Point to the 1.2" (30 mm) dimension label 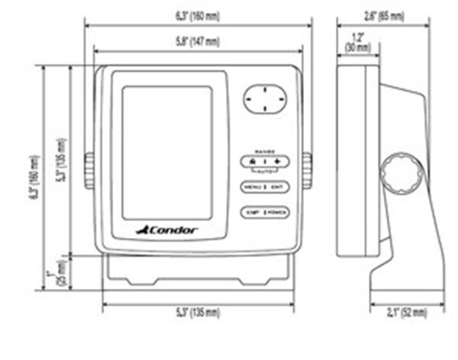pyautogui.click(x=357, y=42)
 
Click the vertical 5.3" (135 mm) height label pyautogui.click(x=61, y=161)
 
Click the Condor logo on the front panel pyautogui.click(x=166, y=230)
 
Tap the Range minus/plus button pyautogui.click(x=265, y=162)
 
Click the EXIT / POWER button pyautogui.click(x=265, y=212)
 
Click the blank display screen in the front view pyautogui.click(x=167, y=152)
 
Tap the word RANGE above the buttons pyautogui.click(x=264, y=151)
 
